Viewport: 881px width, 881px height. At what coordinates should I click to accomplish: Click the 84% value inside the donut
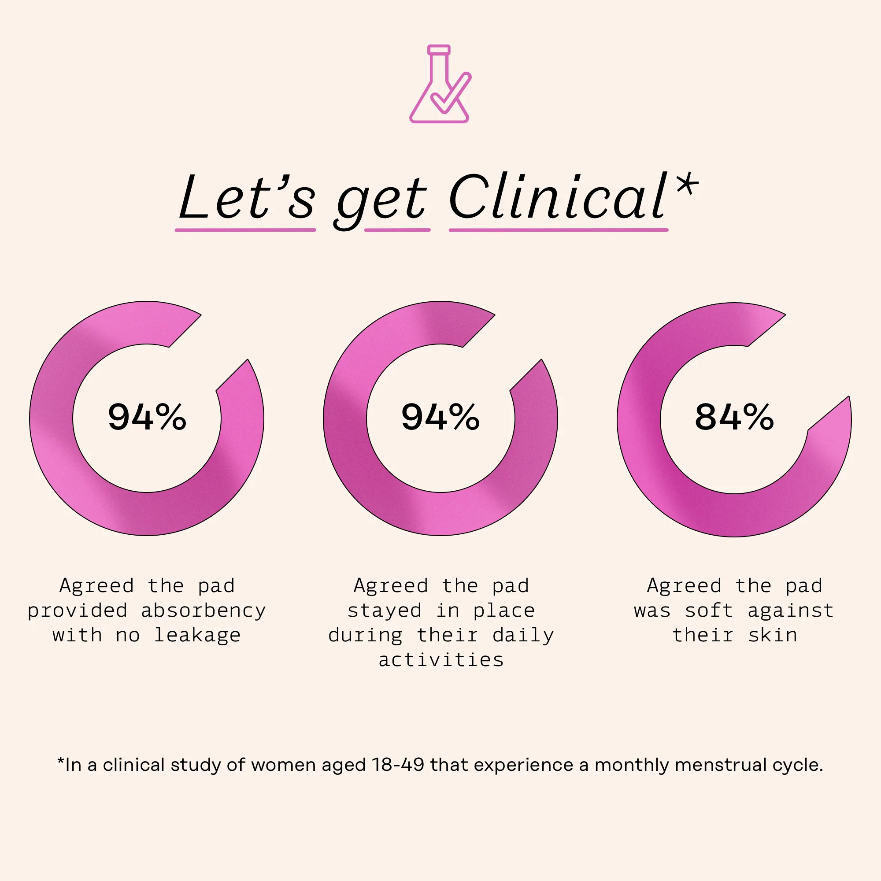point(734,417)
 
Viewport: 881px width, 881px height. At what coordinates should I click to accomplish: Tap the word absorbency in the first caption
point(204,611)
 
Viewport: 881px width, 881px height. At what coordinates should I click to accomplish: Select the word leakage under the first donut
point(197,635)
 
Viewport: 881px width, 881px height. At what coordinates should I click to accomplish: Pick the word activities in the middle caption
point(441,660)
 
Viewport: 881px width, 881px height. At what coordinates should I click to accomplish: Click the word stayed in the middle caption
point(385,611)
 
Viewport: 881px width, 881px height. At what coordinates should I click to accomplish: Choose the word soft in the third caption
point(709,611)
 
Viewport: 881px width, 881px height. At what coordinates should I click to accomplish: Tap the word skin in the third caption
point(773,635)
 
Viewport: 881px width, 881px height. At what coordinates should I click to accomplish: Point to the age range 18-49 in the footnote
point(398,765)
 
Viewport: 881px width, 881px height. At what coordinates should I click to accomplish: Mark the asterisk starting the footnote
point(60,761)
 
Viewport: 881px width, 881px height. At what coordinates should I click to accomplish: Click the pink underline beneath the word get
point(397,230)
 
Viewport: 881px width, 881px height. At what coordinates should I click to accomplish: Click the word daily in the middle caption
point(523,635)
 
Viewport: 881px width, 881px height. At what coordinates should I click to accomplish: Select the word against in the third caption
point(791,611)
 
